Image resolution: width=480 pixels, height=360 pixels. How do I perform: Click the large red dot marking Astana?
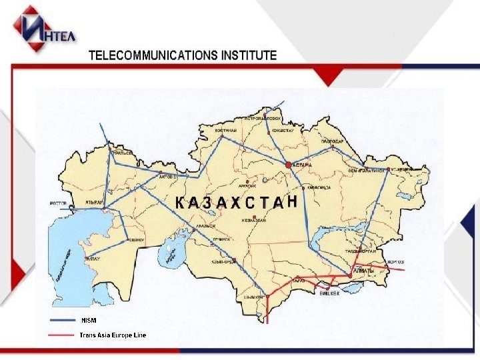pyautogui.click(x=288, y=164)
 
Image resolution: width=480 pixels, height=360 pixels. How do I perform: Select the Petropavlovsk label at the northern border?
pyautogui.click(x=265, y=119)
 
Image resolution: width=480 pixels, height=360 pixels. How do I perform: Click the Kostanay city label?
pyautogui.click(x=225, y=131)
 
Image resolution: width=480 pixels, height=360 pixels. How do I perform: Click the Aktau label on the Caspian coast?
pyautogui.click(x=93, y=257)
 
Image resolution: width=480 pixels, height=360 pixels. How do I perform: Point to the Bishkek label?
pyautogui.click(x=329, y=292)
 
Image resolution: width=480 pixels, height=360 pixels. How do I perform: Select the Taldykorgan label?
pyautogui.click(x=361, y=251)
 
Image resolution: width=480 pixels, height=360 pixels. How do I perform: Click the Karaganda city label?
pyautogui.click(x=320, y=187)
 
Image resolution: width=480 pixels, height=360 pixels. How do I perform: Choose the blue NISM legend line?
pyautogui.click(x=63, y=320)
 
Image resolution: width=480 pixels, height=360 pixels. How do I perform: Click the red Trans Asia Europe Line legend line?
pyautogui.click(x=63, y=335)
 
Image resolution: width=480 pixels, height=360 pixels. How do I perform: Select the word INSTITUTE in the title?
pyautogui.click(x=247, y=55)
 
